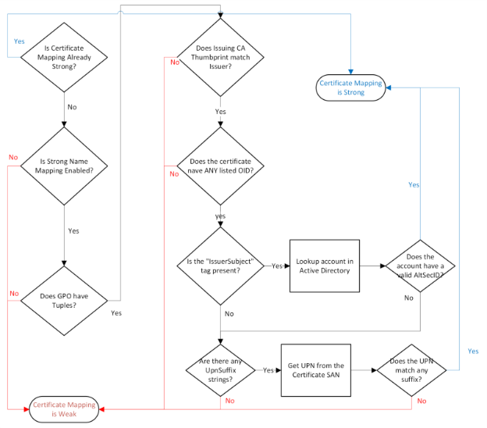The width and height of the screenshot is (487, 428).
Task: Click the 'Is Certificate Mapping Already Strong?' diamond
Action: tap(64, 56)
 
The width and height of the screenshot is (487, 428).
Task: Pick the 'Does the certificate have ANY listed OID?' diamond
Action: tap(220, 166)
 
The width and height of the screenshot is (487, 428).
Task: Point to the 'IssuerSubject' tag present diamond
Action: tap(220, 266)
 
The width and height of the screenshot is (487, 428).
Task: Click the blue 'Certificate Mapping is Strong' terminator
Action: tap(351, 87)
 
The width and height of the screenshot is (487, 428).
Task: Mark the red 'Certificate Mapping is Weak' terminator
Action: tap(64, 408)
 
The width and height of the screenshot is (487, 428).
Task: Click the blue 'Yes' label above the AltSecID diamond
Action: tap(414, 185)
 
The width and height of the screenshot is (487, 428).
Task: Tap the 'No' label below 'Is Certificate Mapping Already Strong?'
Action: tap(72, 106)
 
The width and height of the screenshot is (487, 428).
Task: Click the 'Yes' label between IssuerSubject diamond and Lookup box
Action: tap(277, 266)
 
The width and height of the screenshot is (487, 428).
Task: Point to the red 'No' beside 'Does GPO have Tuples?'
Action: tap(13, 294)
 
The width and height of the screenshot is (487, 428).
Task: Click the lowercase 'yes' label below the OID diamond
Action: tap(221, 216)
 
